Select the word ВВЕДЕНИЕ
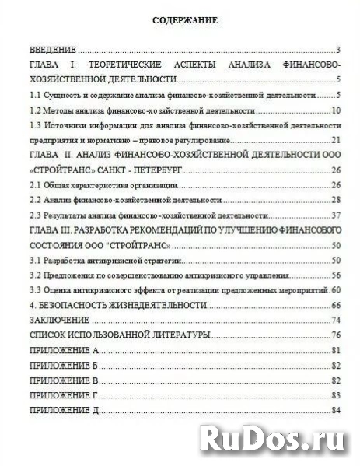54,48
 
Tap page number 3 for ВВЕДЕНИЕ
340,48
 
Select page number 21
337,140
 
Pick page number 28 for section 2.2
337,200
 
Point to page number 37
337,215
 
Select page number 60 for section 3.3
337,290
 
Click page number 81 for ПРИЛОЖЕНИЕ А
337,350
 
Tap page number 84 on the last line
337,410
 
